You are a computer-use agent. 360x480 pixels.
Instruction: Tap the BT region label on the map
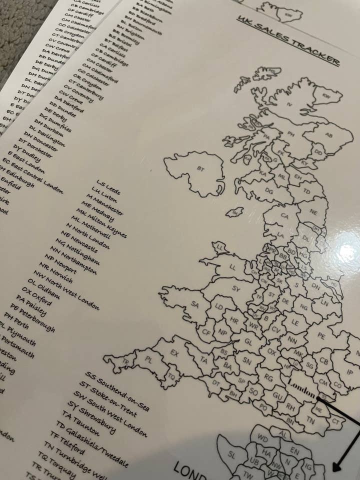[201, 168]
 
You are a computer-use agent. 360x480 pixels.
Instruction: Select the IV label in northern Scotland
[289, 104]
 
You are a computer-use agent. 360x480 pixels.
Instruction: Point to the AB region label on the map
[328, 135]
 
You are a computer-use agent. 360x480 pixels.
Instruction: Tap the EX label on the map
[174, 353]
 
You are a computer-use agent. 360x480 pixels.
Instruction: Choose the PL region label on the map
[148, 359]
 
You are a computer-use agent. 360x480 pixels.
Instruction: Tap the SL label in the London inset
[231, 454]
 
